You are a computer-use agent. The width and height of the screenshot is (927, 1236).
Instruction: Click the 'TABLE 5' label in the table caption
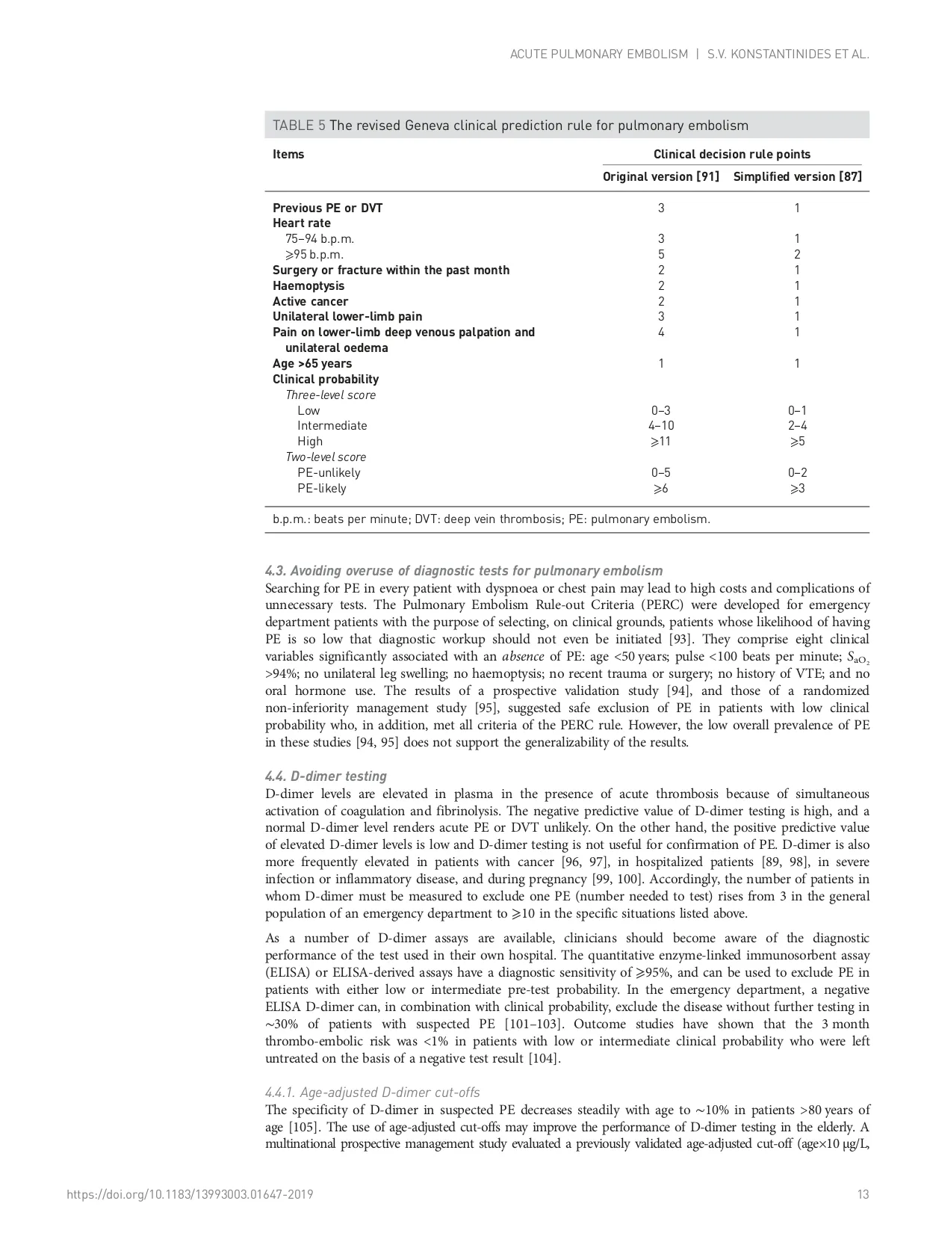299,126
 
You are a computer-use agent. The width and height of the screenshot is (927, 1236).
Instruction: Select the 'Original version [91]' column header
660,177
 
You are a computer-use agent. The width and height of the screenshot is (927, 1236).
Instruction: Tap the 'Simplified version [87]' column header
797,177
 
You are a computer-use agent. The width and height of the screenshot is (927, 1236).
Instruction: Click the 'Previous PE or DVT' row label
327,208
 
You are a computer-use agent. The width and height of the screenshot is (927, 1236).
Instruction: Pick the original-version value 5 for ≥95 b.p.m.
661,255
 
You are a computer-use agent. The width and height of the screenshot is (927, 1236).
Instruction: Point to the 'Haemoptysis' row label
309,286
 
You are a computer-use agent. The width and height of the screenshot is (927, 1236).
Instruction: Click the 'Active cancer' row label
310,302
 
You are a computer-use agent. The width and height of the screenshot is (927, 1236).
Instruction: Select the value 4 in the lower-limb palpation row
661,333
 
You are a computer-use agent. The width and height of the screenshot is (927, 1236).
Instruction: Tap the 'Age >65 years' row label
311,364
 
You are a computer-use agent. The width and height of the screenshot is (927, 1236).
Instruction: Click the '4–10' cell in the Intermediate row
661,426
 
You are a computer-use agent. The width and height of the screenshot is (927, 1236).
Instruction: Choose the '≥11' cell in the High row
661,442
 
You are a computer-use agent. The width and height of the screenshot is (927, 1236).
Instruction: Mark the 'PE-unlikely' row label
329,473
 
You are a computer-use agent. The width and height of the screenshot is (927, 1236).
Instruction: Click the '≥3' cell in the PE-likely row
797,489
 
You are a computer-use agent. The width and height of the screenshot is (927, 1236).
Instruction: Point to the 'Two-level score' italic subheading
326,457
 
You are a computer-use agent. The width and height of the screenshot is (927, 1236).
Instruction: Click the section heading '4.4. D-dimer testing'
326,776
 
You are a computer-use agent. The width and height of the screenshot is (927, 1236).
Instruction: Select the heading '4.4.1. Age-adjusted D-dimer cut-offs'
373,1093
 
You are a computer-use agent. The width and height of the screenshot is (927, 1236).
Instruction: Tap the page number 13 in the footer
864,1195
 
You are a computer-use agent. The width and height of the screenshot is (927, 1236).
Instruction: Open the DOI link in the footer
190,1195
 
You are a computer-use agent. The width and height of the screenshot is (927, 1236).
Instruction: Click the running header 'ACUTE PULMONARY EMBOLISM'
598,55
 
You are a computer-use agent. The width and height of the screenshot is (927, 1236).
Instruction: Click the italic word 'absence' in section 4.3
523,657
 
